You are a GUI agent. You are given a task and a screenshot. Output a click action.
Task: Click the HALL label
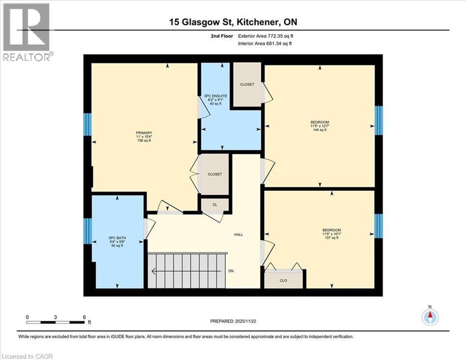pos(239,234)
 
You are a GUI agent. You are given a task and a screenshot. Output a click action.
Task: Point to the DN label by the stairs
pos(231,271)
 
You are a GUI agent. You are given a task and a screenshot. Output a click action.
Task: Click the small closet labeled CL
pos(215,204)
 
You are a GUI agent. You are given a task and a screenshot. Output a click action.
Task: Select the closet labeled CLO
pos(283,281)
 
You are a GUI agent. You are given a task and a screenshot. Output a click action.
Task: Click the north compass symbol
pos(429,317)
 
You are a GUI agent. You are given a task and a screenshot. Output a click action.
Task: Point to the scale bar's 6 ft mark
pos(84,317)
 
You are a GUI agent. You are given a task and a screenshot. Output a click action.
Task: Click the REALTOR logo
pos(26,32)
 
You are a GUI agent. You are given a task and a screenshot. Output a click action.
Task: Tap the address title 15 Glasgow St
pos(233,22)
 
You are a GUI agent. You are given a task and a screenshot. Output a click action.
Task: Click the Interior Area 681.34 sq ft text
pos(266,43)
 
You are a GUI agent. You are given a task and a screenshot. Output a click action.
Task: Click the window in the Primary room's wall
pos(87,124)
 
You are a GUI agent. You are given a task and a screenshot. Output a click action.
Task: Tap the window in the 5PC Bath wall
pos(87,231)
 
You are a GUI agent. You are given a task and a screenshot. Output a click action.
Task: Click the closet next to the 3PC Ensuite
pos(247,85)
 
